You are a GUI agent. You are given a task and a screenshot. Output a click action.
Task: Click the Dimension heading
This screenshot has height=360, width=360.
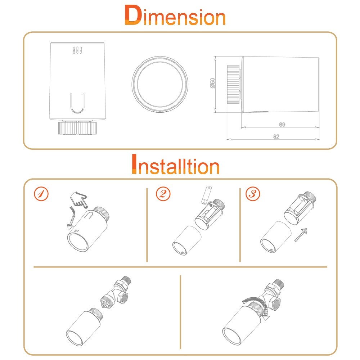click(x=175, y=15)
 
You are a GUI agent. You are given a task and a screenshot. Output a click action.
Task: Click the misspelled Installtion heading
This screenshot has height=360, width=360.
click(x=176, y=164)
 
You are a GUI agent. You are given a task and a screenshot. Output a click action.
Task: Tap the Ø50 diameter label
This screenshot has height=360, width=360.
click(x=213, y=83)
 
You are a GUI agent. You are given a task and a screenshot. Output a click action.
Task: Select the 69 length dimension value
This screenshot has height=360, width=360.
click(x=282, y=125)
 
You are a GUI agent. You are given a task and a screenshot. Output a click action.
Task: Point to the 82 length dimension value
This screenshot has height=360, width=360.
click(x=276, y=136)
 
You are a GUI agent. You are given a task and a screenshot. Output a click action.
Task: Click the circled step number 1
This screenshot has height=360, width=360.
click(x=41, y=194)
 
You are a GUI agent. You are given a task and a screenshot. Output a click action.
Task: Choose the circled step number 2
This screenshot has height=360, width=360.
click(x=163, y=194)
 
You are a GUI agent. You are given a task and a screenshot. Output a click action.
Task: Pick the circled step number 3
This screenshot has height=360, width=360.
click(x=253, y=194)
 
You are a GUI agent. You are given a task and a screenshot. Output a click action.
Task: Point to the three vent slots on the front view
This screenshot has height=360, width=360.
click(x=77, y=50)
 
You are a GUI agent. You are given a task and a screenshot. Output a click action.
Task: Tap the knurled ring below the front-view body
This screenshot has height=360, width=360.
click(x=77, y=128)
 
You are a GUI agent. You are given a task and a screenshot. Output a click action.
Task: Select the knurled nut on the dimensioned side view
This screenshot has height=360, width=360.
click(x=233, y=84)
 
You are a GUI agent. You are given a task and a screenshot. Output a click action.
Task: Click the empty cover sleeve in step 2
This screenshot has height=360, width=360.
click(x=186, y=240)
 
